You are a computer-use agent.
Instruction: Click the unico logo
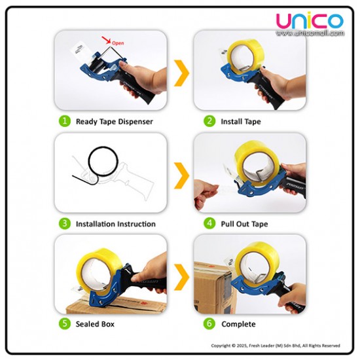tap(310, 21)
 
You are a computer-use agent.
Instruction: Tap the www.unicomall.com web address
tap(310, 33)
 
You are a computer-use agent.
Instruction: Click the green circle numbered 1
tap(65, 121)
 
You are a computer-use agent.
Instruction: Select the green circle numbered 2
tap(209, 121)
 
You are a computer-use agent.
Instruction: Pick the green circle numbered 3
tap(65, 223)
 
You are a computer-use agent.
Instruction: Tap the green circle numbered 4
tap(209, 223)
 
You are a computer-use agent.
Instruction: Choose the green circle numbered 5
tap(65, 323)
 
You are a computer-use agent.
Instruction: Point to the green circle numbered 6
tap(209, 323)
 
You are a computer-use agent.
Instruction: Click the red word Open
tap(118, 43)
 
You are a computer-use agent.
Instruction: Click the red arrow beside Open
tap(106, 40)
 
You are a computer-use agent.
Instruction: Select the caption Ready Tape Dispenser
tap(115, 122)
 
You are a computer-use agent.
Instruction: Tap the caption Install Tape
tap(241, 122)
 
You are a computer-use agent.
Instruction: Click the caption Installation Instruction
tap(116, 224)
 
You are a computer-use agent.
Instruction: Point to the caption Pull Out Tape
tap(244, 224)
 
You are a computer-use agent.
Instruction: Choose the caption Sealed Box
tap(95, 324)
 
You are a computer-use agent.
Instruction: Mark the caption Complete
tap(238, 324)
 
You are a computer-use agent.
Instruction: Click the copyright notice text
tap(276, 346)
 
